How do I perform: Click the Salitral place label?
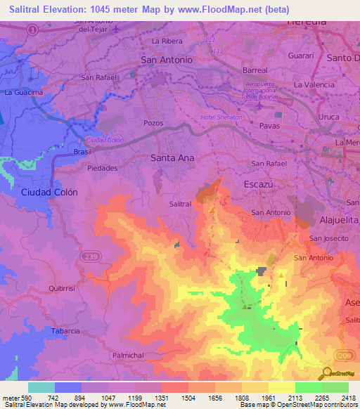point(181,204)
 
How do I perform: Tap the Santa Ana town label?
point(172,158)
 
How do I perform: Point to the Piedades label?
point(102,169)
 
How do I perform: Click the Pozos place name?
point(153,123)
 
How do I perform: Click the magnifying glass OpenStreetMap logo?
point(326,373)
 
